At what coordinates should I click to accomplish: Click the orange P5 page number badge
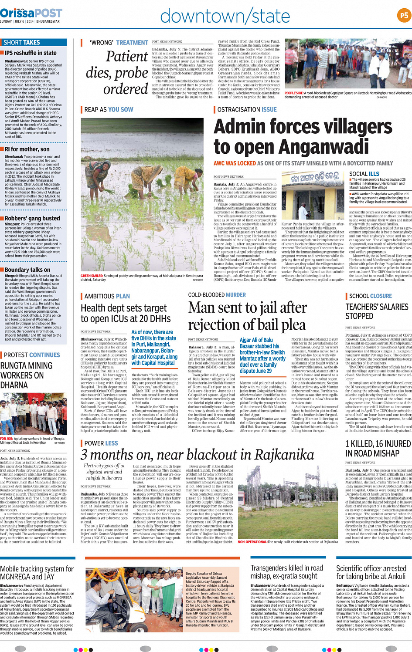point(404,16)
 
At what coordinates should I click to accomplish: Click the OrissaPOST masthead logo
point(31,13)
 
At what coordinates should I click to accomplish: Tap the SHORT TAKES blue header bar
point(34,42)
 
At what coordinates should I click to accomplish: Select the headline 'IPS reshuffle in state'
point(31,53)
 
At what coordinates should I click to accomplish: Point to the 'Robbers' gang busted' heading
point(32,218)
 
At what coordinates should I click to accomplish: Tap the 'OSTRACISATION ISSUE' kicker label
point(247,110)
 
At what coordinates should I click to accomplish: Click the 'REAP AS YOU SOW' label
point(109,110)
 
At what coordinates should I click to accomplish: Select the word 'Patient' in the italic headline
point(127,56)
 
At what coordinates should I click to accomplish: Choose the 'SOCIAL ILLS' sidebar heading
point(364,174)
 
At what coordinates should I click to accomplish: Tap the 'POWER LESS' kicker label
point(101,443)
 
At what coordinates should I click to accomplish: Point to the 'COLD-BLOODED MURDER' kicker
point(217,295)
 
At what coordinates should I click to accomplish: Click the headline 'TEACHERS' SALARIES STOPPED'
point(377,311)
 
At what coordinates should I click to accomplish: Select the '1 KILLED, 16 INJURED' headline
point(378,448)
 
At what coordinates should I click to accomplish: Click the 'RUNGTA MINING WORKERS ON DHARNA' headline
point(27,375)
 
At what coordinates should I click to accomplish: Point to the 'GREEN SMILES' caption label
point(92,276)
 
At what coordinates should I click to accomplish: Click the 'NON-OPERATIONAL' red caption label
point(252,542)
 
